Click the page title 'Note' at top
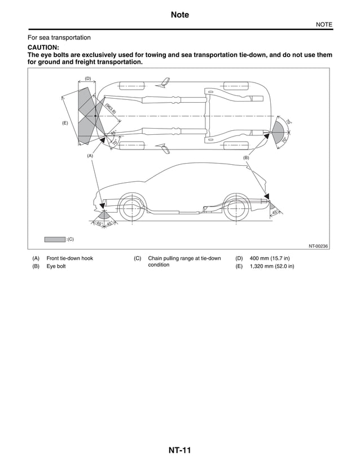(179, 15)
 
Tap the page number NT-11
(179, 450)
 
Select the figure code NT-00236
(318, 246)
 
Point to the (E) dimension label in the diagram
(65, 122)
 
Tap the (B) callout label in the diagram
(246, 158)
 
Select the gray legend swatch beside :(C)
(55, 239)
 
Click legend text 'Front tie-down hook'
(69, 258)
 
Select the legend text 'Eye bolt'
(56, 266)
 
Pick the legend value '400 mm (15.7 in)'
(270, 258)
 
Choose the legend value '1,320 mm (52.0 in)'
(272, 266)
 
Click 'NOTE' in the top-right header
(324, 24)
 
